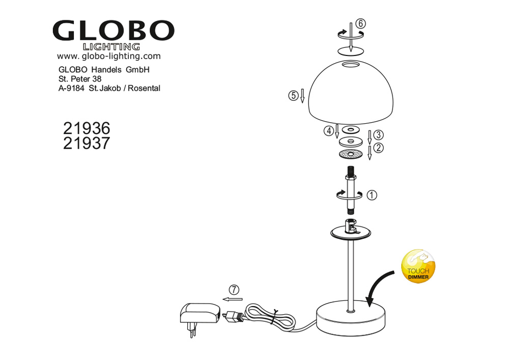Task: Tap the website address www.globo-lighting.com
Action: [x=109, y=56]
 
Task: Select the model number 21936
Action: [x=87, y=128]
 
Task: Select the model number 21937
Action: [x=87, y=143]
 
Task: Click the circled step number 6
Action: [x=361, y=24]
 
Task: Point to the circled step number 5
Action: [x=293, y=96]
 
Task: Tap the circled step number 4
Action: [x=328, y=131]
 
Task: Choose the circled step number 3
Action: [x=379, y=135]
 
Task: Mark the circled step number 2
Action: [x=379, y=148]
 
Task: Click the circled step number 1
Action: [x=372, y=195]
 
